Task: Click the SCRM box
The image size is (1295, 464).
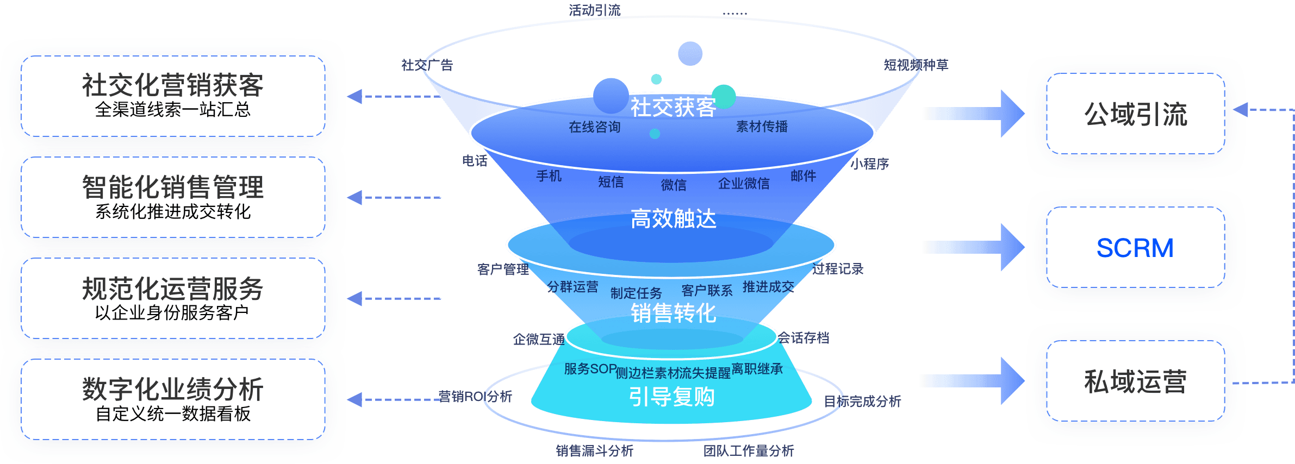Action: tap(1135, 248)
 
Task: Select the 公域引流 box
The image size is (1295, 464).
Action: tap(1135, 114)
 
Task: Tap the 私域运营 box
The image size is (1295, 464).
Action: tap(1135, 381)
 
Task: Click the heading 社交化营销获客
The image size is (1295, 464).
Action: tap(173, 85)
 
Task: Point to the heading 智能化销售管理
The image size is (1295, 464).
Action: tap(173, 187)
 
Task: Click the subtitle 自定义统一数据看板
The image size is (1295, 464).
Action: tap(173, 413)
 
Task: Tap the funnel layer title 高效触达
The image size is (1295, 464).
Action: tap(673, 219)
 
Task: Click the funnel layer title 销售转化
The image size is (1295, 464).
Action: tap(673, 313)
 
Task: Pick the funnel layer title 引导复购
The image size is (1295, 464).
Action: tap(672, 397)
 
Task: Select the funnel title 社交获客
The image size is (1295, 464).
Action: tap(673, 107)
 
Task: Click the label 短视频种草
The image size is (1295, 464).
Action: tap(916, 65)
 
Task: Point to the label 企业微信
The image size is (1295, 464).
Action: tap(744, 184)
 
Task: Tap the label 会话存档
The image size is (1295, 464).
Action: tap(804, 338)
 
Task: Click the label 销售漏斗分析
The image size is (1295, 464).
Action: tap(594, 450)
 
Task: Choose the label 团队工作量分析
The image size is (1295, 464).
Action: tap(748, 450)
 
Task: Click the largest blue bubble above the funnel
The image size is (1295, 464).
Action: tap(611, 96)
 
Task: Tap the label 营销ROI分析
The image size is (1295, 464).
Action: tap(475, 397)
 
